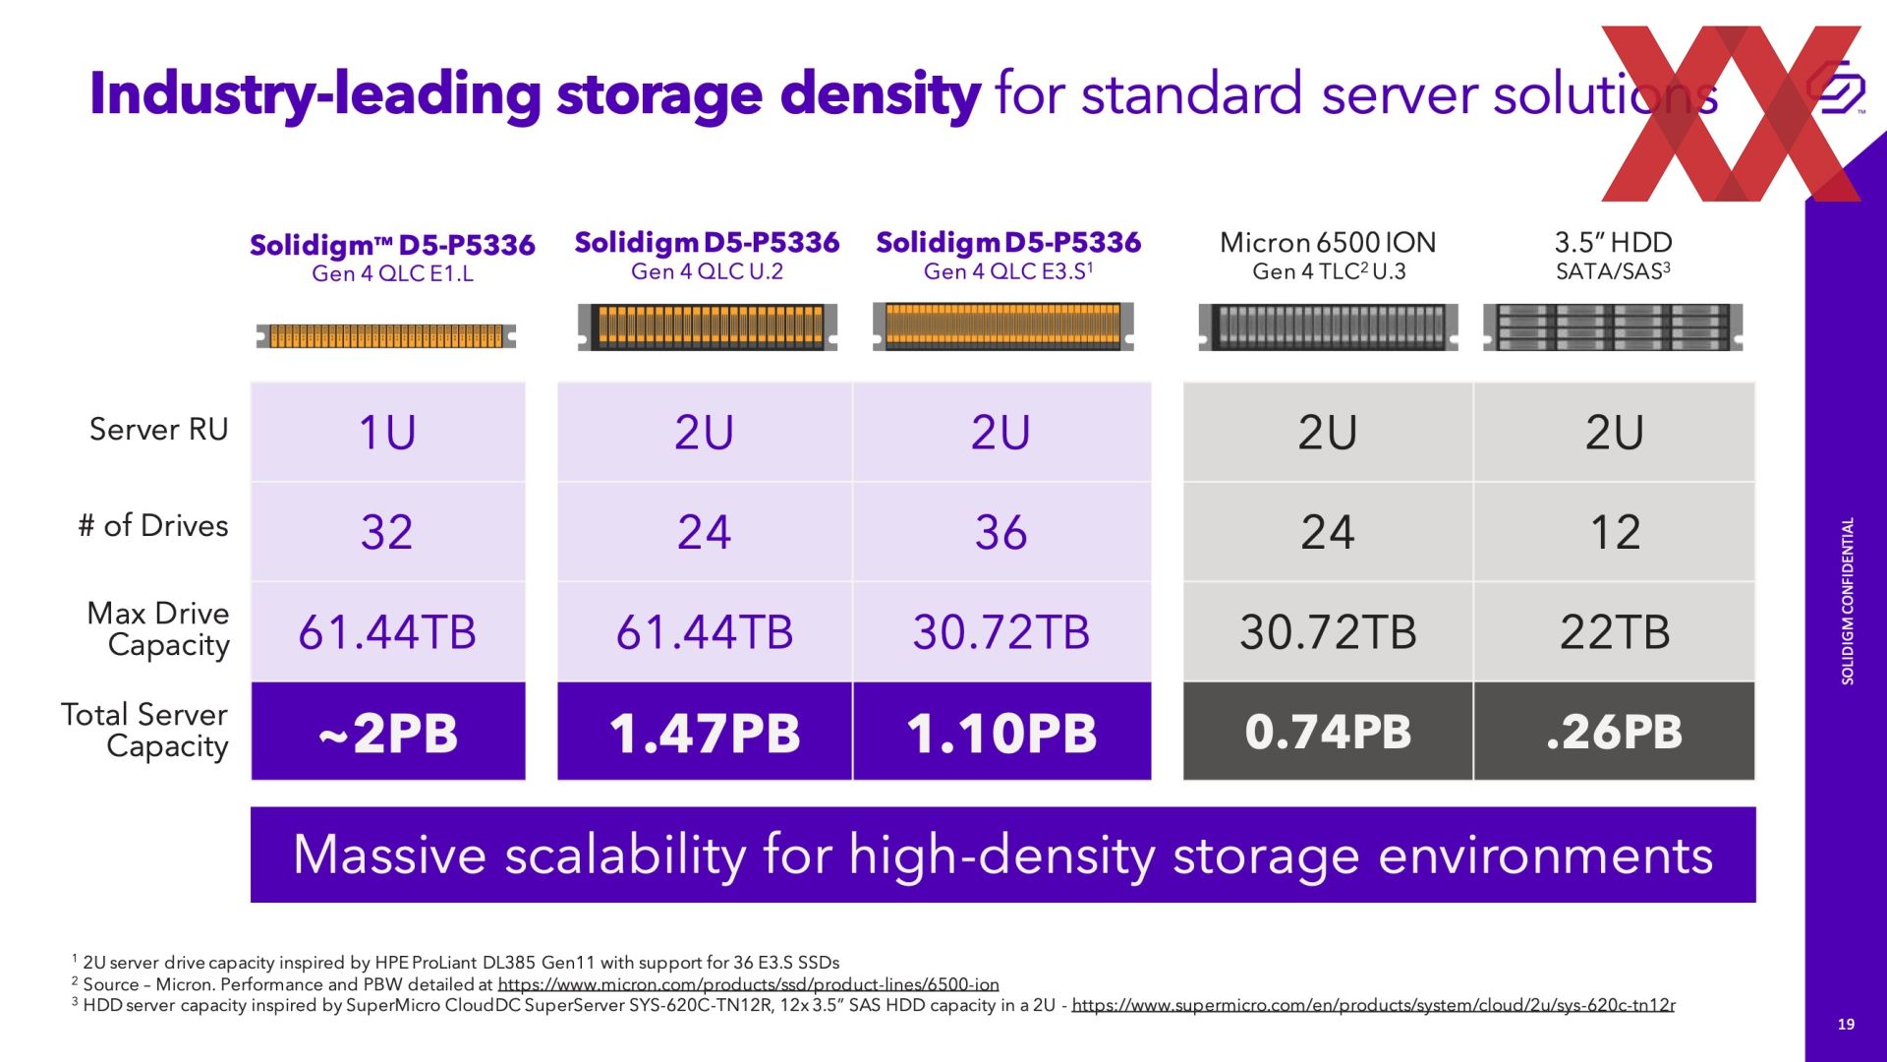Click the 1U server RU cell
pyautogui.click(x=388, y=432)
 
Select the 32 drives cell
pyautogui.click(x=388, y=531)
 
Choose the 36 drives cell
pyautogui.click(x=1001, y=531)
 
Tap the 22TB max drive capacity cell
pyautogui.click(x=1615, y=631)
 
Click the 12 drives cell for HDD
pyautogui.click(x=1615, y=531)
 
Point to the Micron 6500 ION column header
pyautogui.click(x=1328, y=256)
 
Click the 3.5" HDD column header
pyautogui.click(x=1613, y=256)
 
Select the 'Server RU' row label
pyautogui.click(x=158, y=430)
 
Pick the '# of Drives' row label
pyautogui.click(x=153, y=525)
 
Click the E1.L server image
pyautogui.click(x=386, y=336)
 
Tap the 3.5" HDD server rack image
pyautogui.click(x=1613, y=327)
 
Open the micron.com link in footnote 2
pyautogui.click(x=748, y=984)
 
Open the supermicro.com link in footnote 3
pyautogui.click(x=1373, y=1005)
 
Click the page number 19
pyautogui.click(x=1846, y=1025)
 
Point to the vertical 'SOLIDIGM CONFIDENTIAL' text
pyautogui.click(x=1848, y=601)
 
